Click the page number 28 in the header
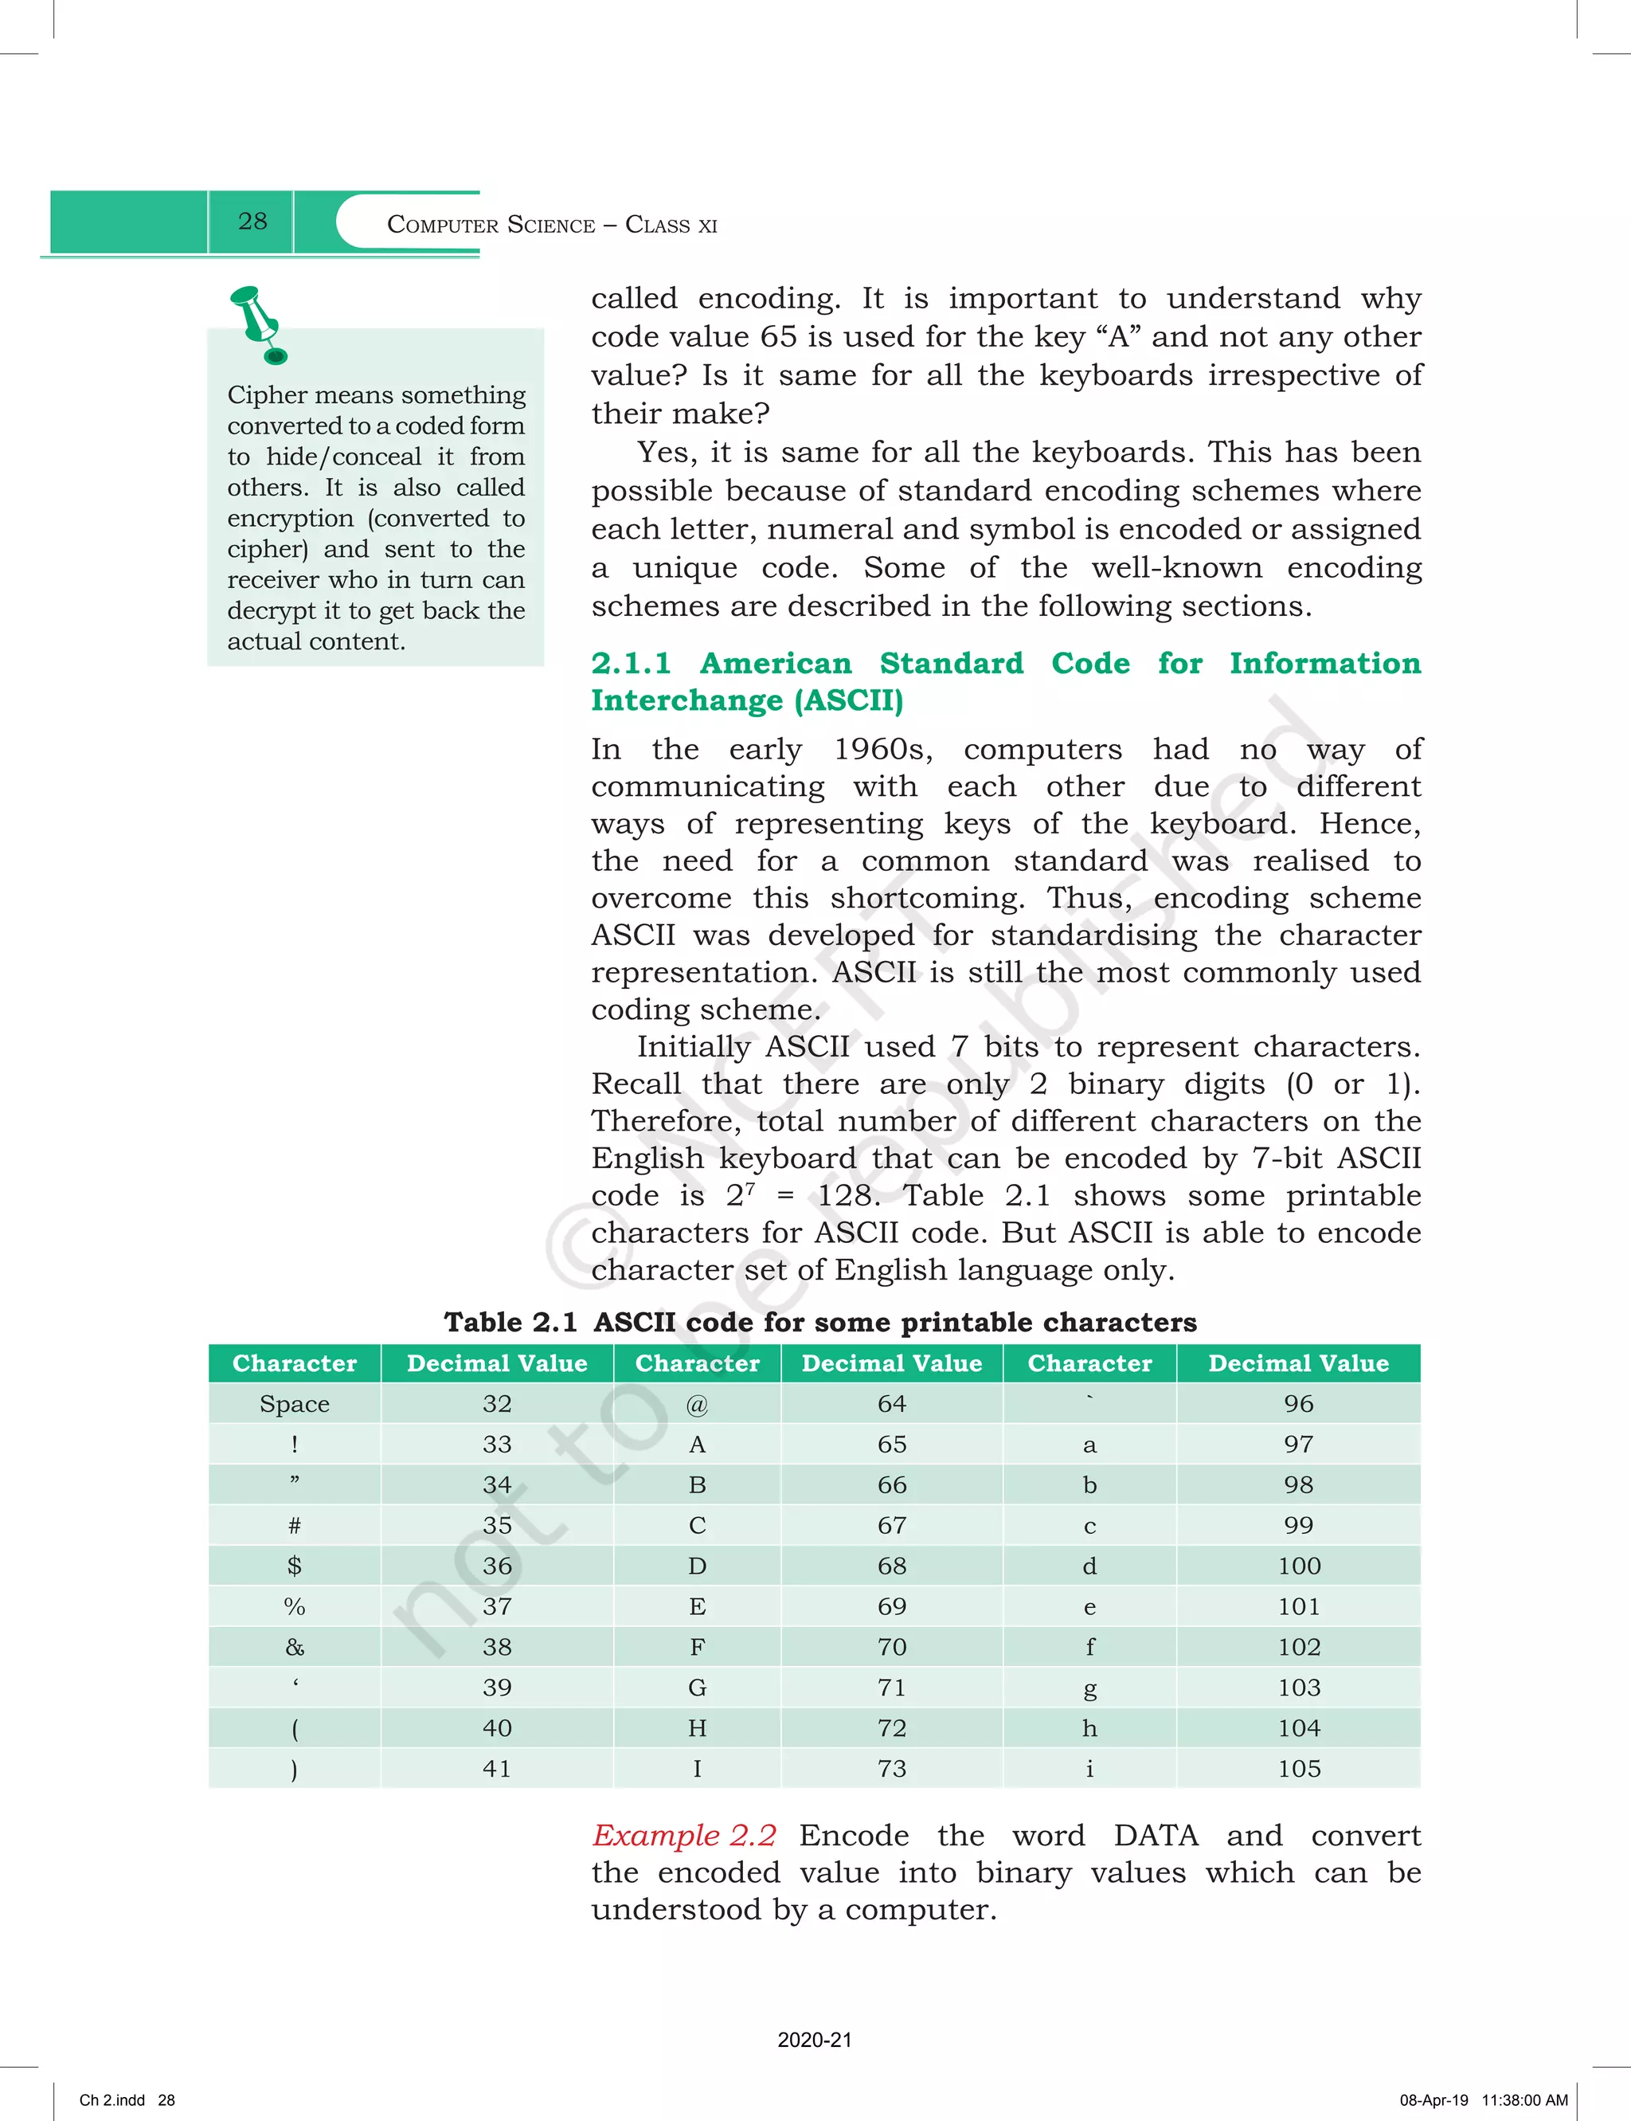point(252,222)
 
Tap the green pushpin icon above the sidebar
point(258,323)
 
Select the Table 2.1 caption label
point(510,1322)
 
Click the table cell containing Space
point(294,1403)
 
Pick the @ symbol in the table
point(697,1403)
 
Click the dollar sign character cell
point(294,1566)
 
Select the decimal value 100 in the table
point(1298,1566)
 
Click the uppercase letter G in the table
point(697,1688)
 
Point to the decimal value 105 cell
point(1298,1769)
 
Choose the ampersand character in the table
point(294,1647)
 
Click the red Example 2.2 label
point(684,1836)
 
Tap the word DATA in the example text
point(1156,1836)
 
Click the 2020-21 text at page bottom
point(815,2040)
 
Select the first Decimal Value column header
point(497,1363)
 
